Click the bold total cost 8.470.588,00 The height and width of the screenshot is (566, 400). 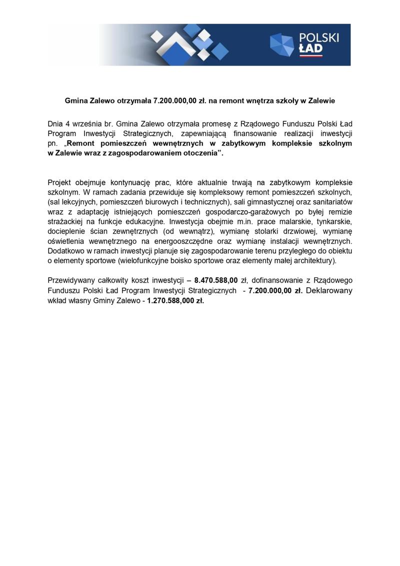click(x=216, y=281)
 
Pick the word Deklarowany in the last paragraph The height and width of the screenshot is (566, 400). click(x=328, y=291)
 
